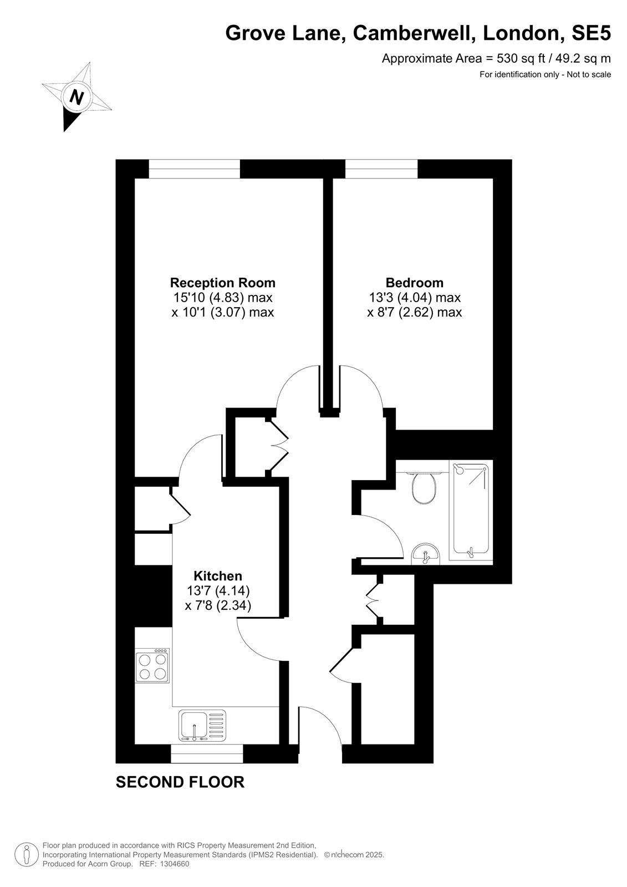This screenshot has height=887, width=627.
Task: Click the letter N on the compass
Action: click(77, 96)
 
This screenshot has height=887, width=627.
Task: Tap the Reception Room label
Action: click(223, 283)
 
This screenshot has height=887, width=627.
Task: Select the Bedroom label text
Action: click(414, 283)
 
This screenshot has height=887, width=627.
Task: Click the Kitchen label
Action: click(218, 576)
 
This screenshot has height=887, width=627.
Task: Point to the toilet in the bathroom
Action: click(424, 488)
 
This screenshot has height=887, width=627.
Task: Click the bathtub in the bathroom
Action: click(471, 511)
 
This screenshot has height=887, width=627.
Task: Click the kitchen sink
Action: click(202, 725)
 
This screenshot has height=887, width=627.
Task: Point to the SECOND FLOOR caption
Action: click(180, 782)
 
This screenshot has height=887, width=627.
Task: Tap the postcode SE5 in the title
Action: click(591, 33)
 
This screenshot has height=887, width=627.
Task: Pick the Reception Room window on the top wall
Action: click(194, 169)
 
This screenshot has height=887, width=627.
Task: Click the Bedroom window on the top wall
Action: click(381, 169)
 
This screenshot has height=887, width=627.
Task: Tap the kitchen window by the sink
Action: click(206, 753)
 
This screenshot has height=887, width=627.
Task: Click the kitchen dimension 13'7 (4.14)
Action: click(218, 591)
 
